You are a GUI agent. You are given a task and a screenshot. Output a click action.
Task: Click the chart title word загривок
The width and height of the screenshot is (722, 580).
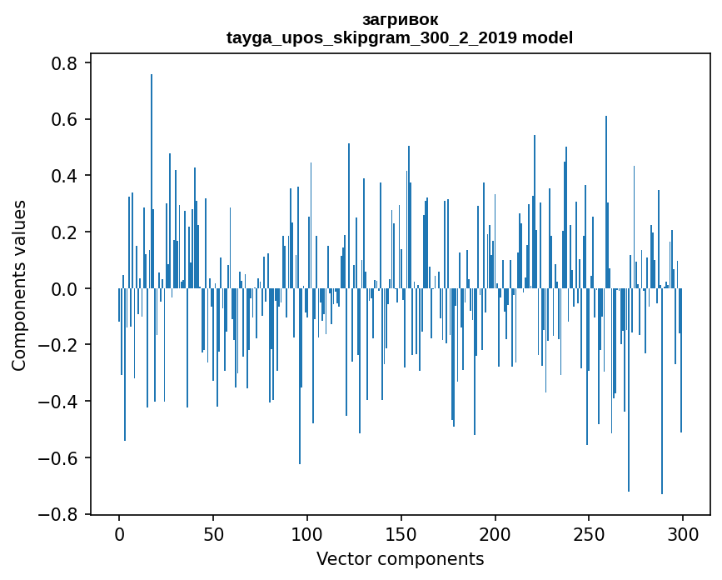click(400, 19)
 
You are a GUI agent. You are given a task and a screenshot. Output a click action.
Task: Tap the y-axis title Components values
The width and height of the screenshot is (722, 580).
click(19, 285)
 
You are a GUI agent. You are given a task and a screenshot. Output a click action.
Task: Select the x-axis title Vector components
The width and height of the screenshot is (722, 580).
click(400, 558)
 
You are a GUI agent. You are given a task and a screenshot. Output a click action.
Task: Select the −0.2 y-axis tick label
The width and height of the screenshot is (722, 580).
click(59, 345)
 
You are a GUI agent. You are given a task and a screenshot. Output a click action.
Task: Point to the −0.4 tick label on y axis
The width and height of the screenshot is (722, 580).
click(59, 402)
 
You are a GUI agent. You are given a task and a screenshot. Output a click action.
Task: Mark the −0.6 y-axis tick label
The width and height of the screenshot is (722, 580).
click(59, 458)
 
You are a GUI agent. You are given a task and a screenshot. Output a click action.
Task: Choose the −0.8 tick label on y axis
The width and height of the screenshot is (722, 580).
click(59, 514)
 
